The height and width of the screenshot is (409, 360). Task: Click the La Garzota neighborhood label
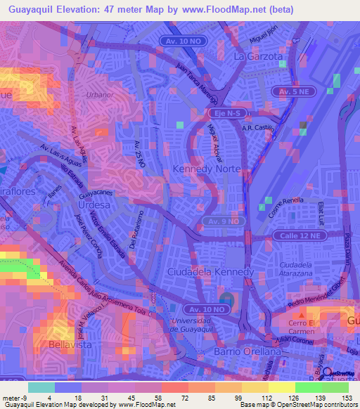click(x=258, y=55)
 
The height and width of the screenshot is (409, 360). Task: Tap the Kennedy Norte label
click(x=207, y=170)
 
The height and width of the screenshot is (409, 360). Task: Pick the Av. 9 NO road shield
click(x=224, y=221)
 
